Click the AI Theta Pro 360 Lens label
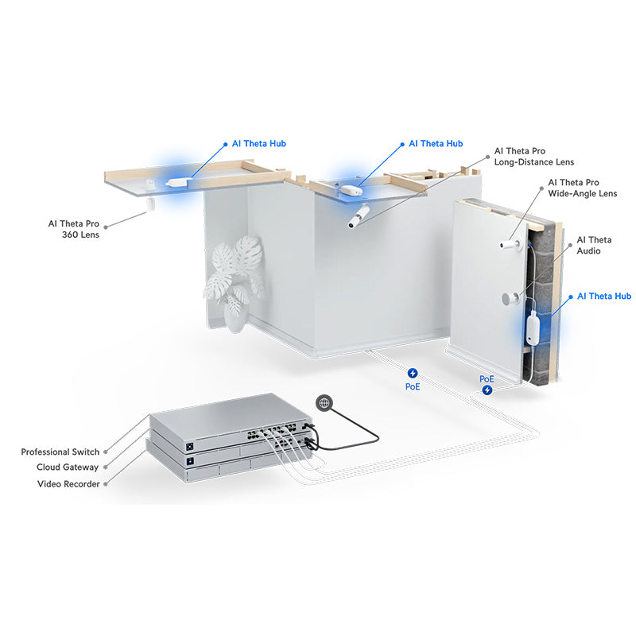pos(73,228)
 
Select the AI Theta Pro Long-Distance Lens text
pos(533,156)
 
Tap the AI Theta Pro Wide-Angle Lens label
pos(582,188)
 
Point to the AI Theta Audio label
pos(594,245)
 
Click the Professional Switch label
pos(60,452)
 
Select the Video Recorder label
pos(68,483)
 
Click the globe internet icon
pos(324,403)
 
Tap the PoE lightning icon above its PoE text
pos(413,372)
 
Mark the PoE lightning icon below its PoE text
pos(487,390)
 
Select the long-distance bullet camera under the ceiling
pos(359,216)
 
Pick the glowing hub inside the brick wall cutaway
pos(532,328)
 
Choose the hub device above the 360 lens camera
pos(173,182)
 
